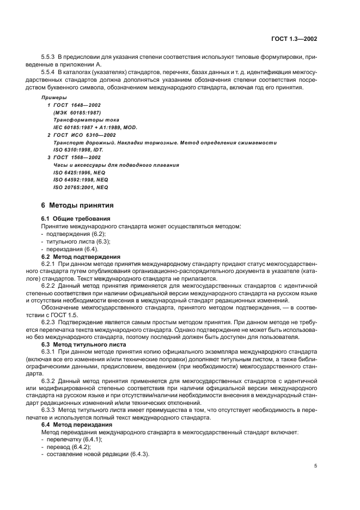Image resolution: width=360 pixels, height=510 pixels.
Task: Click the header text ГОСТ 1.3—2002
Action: [295, 39]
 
